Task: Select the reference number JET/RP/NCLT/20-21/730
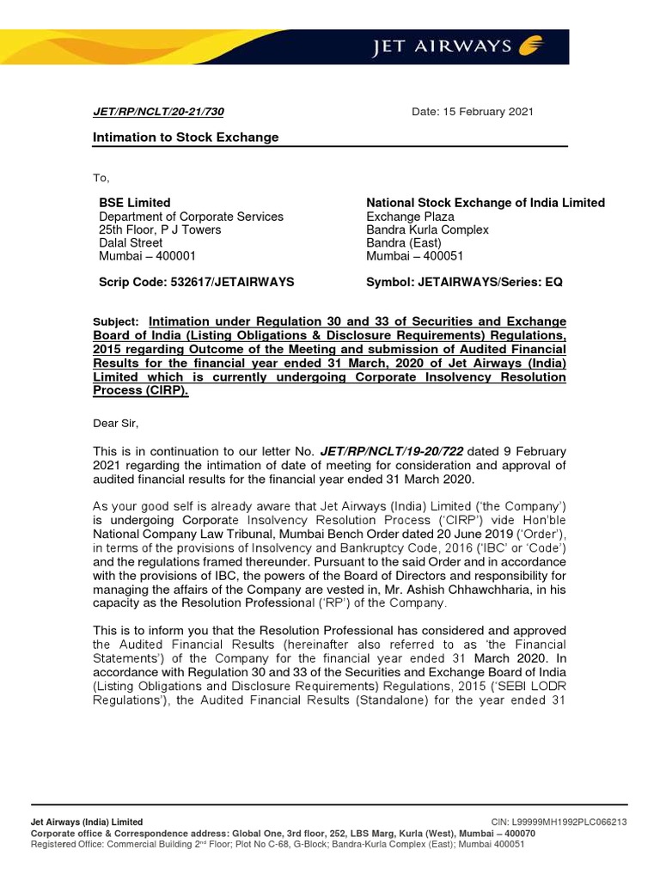pyautogui.click(x=159, y=112)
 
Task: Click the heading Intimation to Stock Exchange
pyautogui.click(x=186, y=137)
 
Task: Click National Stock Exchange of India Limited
pyautogui.click(x=486, y=203)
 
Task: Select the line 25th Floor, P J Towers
pyautogui.click(x=160, y=229)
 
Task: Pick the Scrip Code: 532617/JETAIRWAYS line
pyautogui.click(x=197, y=282)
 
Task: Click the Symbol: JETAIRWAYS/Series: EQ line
pyautogui.click(x=464, y=282)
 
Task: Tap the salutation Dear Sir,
pyautogui.click(x=115, y=422)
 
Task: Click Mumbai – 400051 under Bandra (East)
pyautogui.click(x=415, y=256)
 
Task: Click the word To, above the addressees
pyautogui.click(x=101, y=178)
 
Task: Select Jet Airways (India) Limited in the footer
pyautogui.click(x=87, y=822)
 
